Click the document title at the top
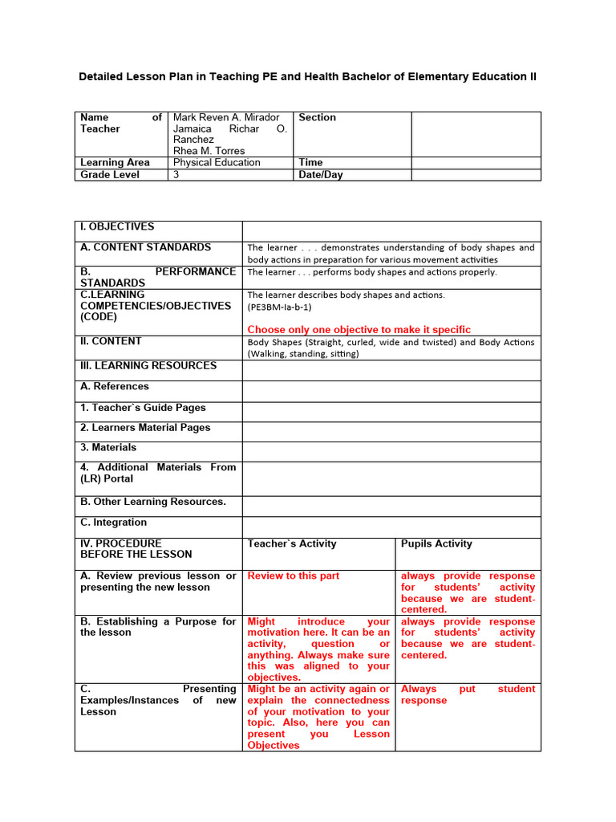(307, 77)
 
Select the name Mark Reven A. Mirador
(226, 117)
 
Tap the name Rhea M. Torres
(209, 151)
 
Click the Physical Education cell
(217, 162)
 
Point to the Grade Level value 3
(176, 174)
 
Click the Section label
(318, 117)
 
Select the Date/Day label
(321, 174)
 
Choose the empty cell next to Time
(476, 162)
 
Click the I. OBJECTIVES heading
(117, 227)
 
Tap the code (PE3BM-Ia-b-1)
(280, 307)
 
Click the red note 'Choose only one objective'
(359, 329)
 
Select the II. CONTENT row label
(111, 341)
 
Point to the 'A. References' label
(115, 386)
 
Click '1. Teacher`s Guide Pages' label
(143, 408)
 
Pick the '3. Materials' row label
(108, 447)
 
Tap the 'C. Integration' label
(113, 523)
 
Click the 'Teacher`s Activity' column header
(292, 543)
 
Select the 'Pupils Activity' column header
(436, 543)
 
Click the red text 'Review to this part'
(294, 576)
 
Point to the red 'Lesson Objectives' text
(274, 745)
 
